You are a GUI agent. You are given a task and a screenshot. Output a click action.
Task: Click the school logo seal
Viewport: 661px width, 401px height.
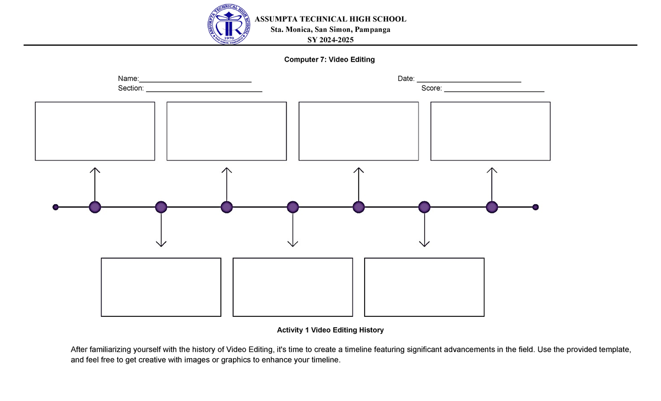[x=231, y=26]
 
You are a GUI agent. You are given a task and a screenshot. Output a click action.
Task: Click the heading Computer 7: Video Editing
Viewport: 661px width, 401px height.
[x=329, y=59]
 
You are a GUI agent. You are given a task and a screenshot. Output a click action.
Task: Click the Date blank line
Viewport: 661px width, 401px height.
[x=468, y=82]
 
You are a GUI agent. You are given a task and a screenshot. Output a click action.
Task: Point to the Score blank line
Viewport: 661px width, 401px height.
[x=494, y=91]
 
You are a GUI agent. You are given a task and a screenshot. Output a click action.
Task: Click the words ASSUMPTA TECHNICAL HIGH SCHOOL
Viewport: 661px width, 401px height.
[x=330, y=19]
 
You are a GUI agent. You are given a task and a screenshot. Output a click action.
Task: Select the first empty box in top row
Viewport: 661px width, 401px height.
[x=95, y=131]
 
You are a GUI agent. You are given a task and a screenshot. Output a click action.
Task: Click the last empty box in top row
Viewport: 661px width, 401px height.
[x=490, y=131]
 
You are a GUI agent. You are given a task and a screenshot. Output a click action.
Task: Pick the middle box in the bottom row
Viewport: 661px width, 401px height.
[x=292, y=287]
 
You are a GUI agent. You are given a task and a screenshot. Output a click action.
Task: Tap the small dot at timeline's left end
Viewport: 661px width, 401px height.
[x=55, y=207]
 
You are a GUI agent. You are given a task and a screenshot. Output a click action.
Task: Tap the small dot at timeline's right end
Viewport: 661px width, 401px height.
[x=535, y=207]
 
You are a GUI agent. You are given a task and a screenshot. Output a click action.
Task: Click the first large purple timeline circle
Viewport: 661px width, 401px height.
[x=95, y=207]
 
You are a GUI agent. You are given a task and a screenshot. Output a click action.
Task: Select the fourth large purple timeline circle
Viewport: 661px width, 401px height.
[x=292, y=207]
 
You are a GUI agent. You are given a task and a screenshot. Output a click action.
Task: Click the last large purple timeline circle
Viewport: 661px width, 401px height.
[x=492, y=207]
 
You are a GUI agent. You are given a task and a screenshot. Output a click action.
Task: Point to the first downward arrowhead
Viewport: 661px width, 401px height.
[x=161, y=244]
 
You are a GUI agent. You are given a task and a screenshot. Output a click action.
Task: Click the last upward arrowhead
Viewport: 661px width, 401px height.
[x=492, y=170]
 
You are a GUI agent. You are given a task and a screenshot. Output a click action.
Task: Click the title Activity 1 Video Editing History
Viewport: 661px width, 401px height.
[x=330, y=330]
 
